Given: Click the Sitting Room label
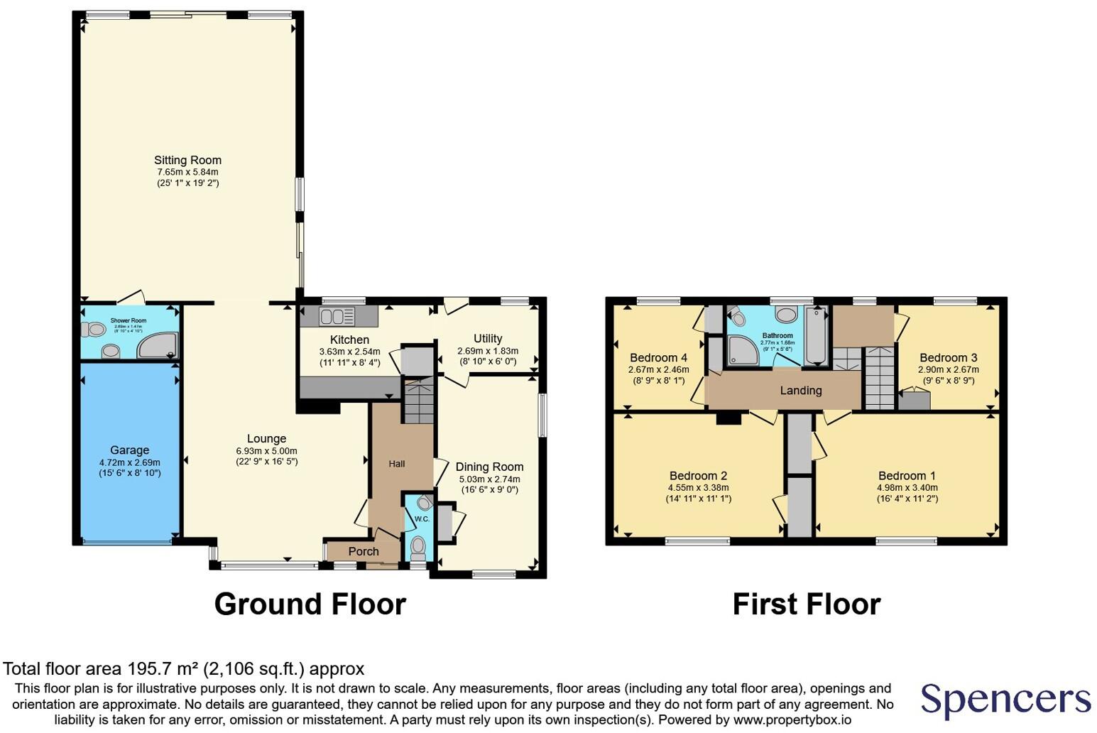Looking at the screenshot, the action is (187, 160).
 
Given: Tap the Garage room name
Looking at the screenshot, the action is (129, 450).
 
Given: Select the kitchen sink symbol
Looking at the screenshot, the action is (331, 316).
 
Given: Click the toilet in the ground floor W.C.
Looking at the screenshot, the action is (418, 548).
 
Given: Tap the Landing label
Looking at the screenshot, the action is (801, 390).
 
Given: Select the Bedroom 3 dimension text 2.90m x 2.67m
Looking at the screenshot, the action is (948, 369).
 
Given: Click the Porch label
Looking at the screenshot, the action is (364, 551).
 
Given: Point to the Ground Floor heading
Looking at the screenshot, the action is (310, 604).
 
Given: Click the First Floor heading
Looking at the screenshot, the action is (806, 604).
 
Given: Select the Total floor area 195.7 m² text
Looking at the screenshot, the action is (183, 668).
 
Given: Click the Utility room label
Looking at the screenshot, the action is (488, 338).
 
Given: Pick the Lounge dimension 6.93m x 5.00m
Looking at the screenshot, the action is (266, 450).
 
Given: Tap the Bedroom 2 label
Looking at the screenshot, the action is (698, 475).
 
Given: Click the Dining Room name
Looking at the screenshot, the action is (489, 467).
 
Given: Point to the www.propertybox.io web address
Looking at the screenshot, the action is (792, 720).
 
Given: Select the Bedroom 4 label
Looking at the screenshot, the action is (658, 357).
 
